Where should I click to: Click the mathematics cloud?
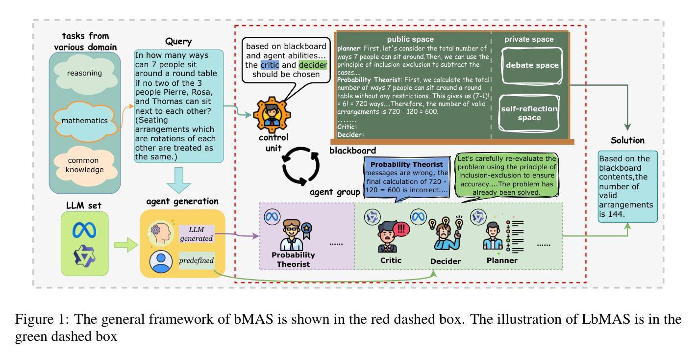click(85, 121)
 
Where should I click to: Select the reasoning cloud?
click(85, 74)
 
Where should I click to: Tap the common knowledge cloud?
click(85, 165)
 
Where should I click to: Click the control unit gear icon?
click(272, 115)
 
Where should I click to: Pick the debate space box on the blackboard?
click(532, 65)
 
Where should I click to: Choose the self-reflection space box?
click(529, 113)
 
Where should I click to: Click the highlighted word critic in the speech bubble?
click(270, 65)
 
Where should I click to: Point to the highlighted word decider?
click(313, 65)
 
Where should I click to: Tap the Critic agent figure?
click(390, 236)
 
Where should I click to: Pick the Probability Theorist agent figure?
click(293, 235)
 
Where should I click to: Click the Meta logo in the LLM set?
click(84, 231)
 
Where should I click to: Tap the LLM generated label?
click(197, 234)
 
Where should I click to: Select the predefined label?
click(197, 260)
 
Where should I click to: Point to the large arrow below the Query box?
click(179, 180)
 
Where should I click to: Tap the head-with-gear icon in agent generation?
click(161, 233)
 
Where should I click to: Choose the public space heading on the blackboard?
click(410, 39)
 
